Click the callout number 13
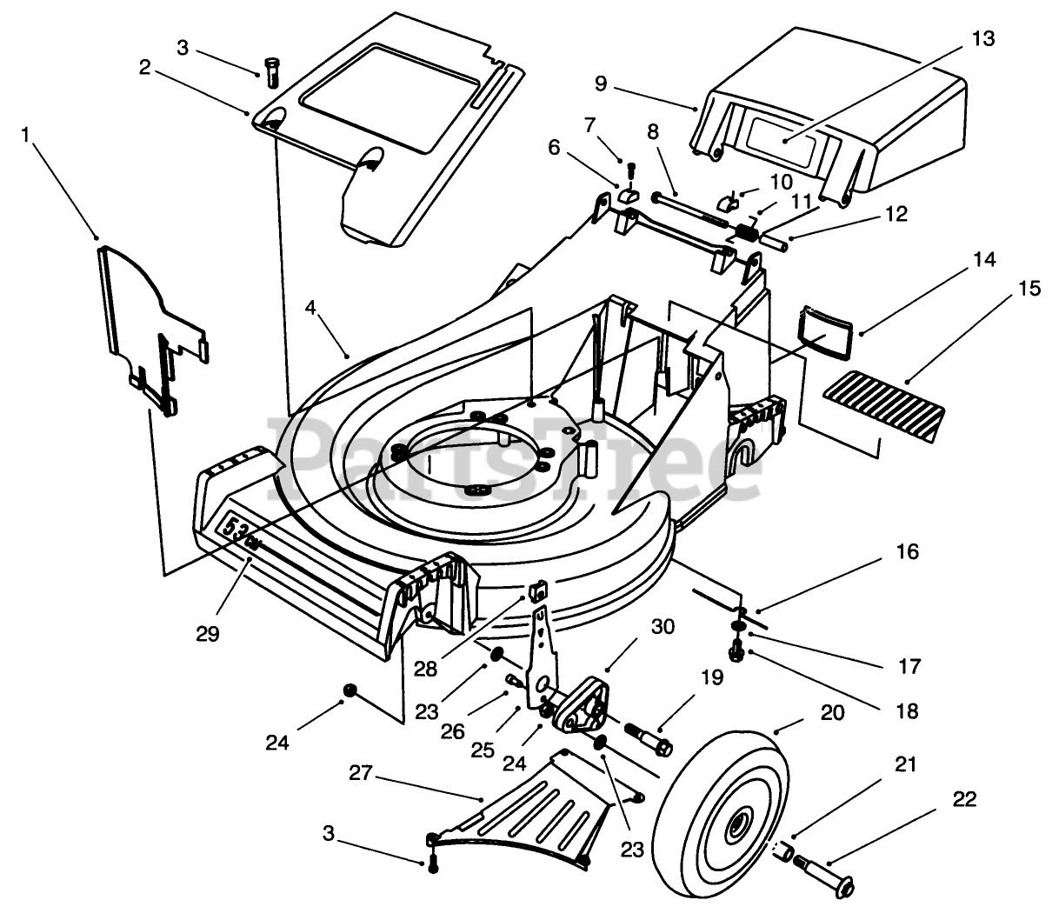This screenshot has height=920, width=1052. click(983, 39)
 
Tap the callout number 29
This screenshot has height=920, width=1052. click(208, 634)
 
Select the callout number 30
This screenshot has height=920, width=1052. click(662, 627)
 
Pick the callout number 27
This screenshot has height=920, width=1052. click(361, 772)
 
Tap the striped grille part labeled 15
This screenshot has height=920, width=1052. click(884, 414)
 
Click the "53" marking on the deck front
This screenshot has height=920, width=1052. click(233, 530)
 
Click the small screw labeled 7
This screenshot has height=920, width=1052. click(632, 171)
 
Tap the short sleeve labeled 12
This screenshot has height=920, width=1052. click(771, 242)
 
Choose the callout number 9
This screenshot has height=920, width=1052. click(601, 83)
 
